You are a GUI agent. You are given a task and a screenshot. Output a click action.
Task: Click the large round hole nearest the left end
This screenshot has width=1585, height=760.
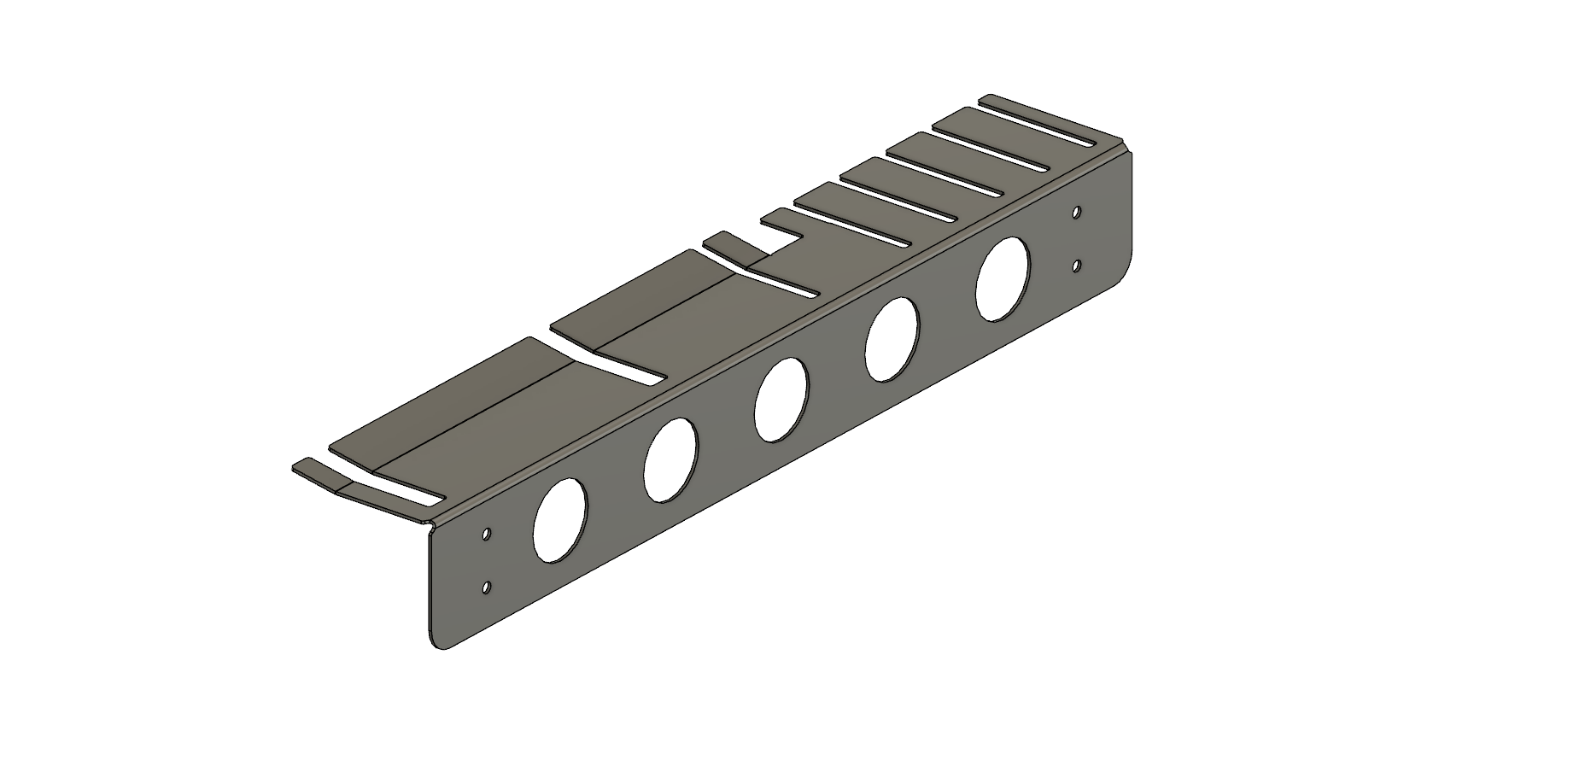point(559,520)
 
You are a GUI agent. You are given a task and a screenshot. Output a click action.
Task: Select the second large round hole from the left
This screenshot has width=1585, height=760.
point(670,459)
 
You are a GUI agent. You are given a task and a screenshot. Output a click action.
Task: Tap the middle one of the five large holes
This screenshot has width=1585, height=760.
point(781,400)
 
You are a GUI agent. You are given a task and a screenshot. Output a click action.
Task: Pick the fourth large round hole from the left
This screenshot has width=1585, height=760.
point(892,339)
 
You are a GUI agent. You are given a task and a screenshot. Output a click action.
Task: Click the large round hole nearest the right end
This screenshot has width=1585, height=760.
point(1003,279)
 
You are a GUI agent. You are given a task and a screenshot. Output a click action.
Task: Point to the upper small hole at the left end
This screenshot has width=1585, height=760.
point(486,534)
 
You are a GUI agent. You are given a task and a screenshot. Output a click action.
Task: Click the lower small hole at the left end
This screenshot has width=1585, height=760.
point(486,588)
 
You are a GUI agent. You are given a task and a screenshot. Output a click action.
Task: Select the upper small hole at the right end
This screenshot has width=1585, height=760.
point(1077,211)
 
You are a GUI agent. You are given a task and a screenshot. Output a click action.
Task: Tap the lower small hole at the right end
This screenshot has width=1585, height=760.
point(1077,266)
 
